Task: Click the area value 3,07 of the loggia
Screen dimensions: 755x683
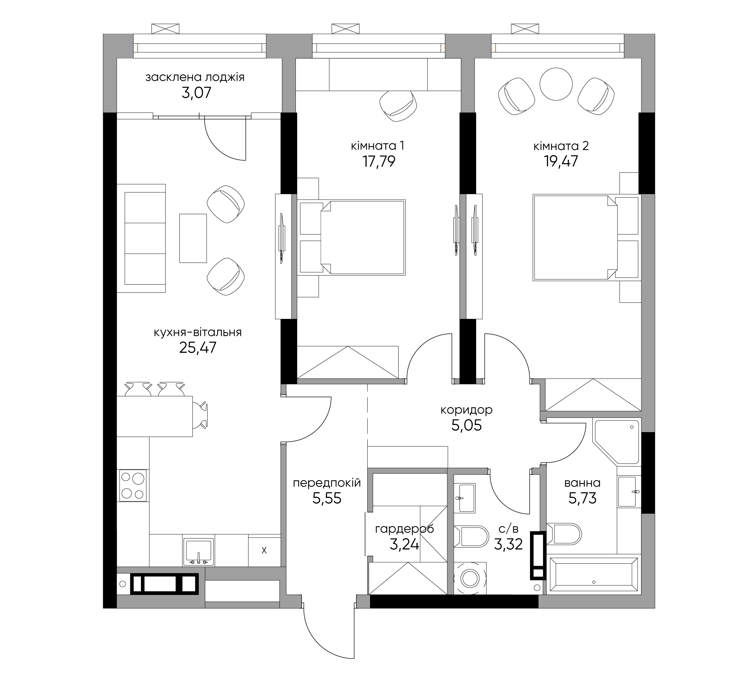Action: pos(197,92)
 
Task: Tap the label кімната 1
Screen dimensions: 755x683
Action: pos(377,146)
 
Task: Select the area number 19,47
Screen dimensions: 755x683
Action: pos(561,161)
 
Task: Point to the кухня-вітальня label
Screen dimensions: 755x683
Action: pos(198,332)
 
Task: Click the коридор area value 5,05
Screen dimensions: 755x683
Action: pos(466,425)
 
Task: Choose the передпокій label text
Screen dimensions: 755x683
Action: pos(327,483)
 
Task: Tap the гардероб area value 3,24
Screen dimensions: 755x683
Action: pos(404,544)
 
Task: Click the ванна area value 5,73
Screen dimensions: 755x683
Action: pos(582,498)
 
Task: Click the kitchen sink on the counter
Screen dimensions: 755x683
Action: pos(198,552)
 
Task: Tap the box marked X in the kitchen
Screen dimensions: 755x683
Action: pos(264,550)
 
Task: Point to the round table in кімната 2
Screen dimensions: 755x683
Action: pos(556,84)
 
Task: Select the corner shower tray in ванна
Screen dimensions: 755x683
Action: pos(616,442)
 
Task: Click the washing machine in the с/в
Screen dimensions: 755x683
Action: pos(470,578)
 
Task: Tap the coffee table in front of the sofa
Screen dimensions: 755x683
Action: pos(193,238)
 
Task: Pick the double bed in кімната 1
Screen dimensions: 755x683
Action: pos(351,238)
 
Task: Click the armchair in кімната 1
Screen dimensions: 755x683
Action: pos(398,106)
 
